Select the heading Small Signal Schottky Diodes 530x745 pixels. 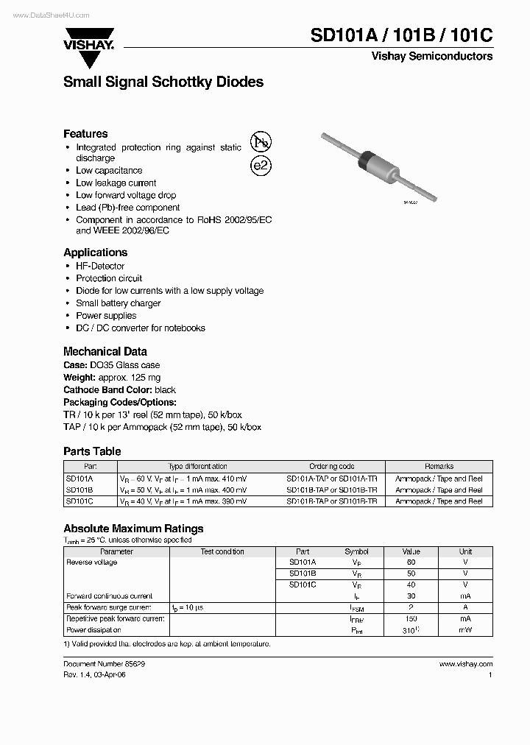point(163,82)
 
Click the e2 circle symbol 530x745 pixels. point(261,166)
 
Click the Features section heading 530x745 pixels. point(85,134)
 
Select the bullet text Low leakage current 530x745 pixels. point(116,183)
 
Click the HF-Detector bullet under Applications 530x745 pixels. point(100,266)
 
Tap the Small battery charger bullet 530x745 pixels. point(118,303)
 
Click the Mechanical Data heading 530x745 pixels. point(105,351)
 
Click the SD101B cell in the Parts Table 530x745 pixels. point(79,490)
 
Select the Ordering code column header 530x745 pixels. point(331,467)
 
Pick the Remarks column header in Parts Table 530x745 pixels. point(439,467)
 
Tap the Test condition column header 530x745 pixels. point(222,551)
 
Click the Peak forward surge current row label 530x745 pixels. point(109,607)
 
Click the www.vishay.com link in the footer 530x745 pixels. point(466,663)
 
